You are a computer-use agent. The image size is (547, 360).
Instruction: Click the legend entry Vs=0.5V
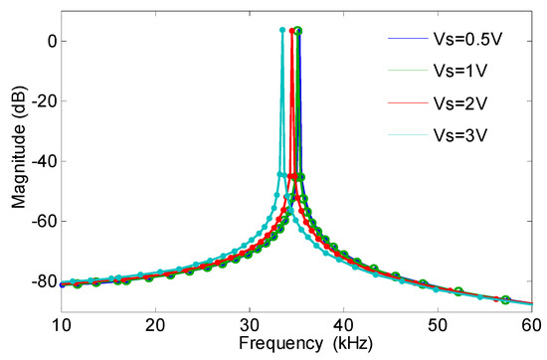click(466, 40)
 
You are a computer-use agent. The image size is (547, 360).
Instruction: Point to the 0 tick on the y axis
click(48, 41)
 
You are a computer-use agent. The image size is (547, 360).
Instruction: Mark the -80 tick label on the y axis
click(41, 281)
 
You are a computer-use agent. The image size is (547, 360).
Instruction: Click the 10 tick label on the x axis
click(62, 323)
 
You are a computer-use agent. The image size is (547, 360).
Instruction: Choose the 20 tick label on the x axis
click(155, 323)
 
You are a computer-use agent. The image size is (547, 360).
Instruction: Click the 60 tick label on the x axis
click(529, 323)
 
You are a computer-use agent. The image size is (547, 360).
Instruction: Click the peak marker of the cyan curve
click(282, 30)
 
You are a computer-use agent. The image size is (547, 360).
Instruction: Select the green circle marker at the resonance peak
click(298, 31)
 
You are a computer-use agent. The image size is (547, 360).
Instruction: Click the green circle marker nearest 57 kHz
click(505, 299)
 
